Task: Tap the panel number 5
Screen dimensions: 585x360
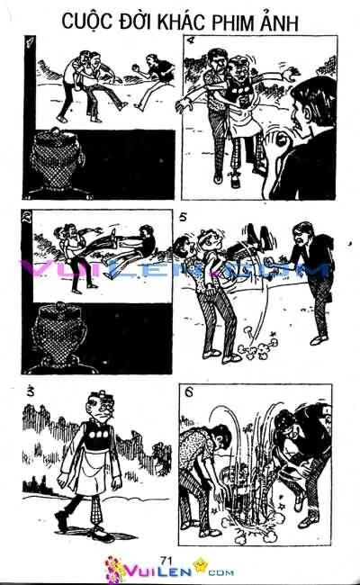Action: click(184, 217)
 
